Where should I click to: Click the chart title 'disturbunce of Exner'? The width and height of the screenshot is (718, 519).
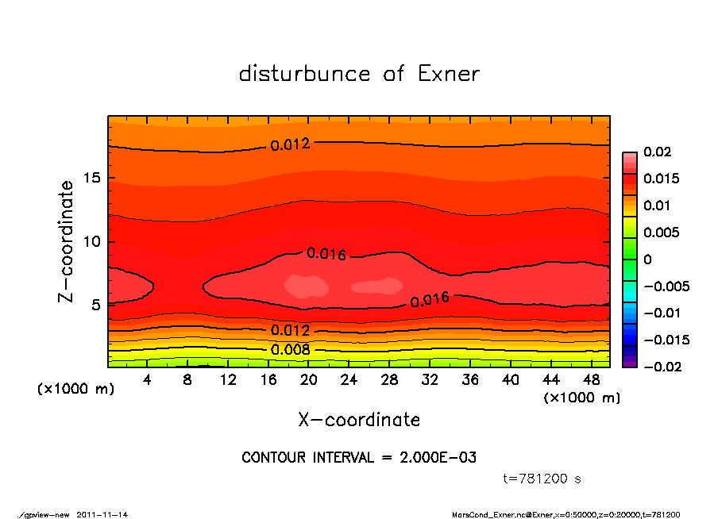359,74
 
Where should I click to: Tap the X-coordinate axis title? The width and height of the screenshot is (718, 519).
359,420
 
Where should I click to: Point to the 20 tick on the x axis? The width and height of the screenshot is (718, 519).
309,380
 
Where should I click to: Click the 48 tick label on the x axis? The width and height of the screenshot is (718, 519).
592,380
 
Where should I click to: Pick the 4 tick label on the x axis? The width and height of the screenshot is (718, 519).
147,380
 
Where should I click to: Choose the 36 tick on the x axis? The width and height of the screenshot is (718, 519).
470,380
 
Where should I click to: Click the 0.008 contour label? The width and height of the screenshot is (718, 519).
291,349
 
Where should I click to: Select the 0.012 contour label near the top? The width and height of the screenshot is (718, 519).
290,144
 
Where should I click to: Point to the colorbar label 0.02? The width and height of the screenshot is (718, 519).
658,152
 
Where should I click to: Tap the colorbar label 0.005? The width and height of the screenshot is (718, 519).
661,233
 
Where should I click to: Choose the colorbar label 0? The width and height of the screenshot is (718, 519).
647,259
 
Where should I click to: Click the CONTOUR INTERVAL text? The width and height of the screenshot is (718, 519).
359,458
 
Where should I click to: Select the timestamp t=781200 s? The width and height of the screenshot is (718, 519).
542,479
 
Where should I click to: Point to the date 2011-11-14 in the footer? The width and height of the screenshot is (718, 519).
102,514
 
